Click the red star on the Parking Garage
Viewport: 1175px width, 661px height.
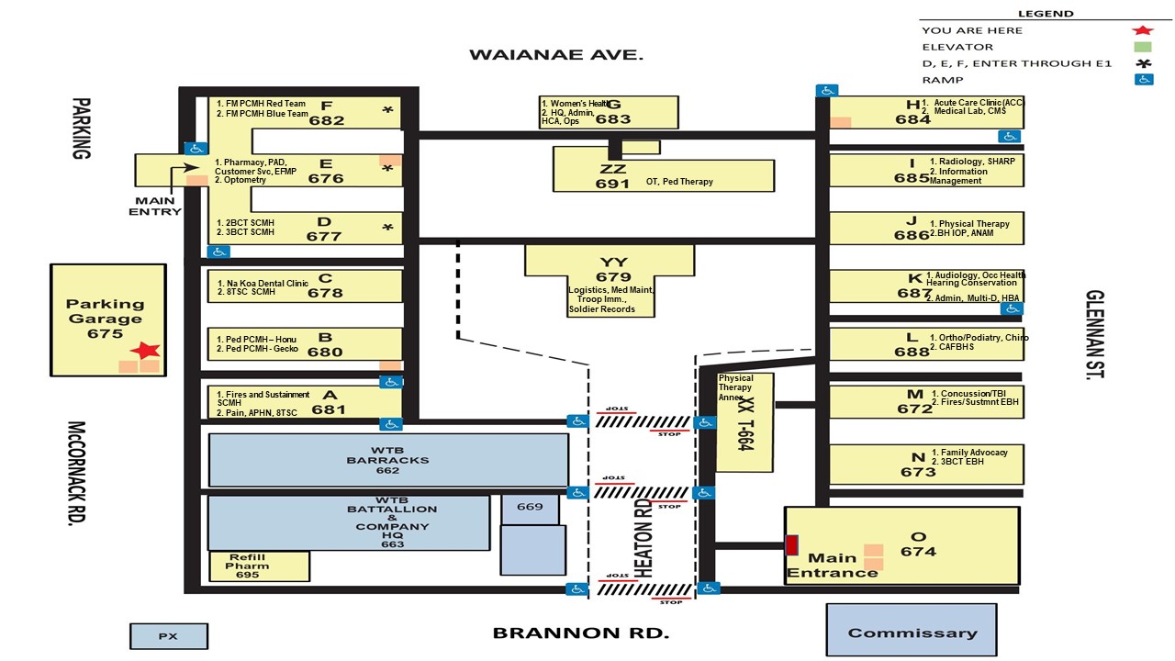(x=145, y=350)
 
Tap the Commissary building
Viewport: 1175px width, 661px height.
(x=911, y=631)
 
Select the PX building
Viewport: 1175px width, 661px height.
(x=168, y=635)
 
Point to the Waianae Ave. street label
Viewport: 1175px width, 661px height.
(x=556, y=55)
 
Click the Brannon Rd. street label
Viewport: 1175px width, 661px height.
(x=581, y=633)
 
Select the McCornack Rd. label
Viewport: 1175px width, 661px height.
(x=77, y=473)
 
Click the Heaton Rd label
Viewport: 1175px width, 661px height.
(x=643, y=537)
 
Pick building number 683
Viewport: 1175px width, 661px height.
(x=613, y=118)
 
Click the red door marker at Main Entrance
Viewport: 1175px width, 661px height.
(x=791, y=544)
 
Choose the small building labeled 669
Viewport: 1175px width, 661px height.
(x=530, y=507)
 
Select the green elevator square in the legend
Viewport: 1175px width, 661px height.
(x=1143, y=47)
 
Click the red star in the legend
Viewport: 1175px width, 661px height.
(x=1143, y=30)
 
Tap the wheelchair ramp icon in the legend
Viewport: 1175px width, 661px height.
(x=1144, y=80)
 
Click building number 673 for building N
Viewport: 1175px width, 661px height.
(x=918, y=472)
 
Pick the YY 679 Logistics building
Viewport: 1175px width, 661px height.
(x=613, y=277)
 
